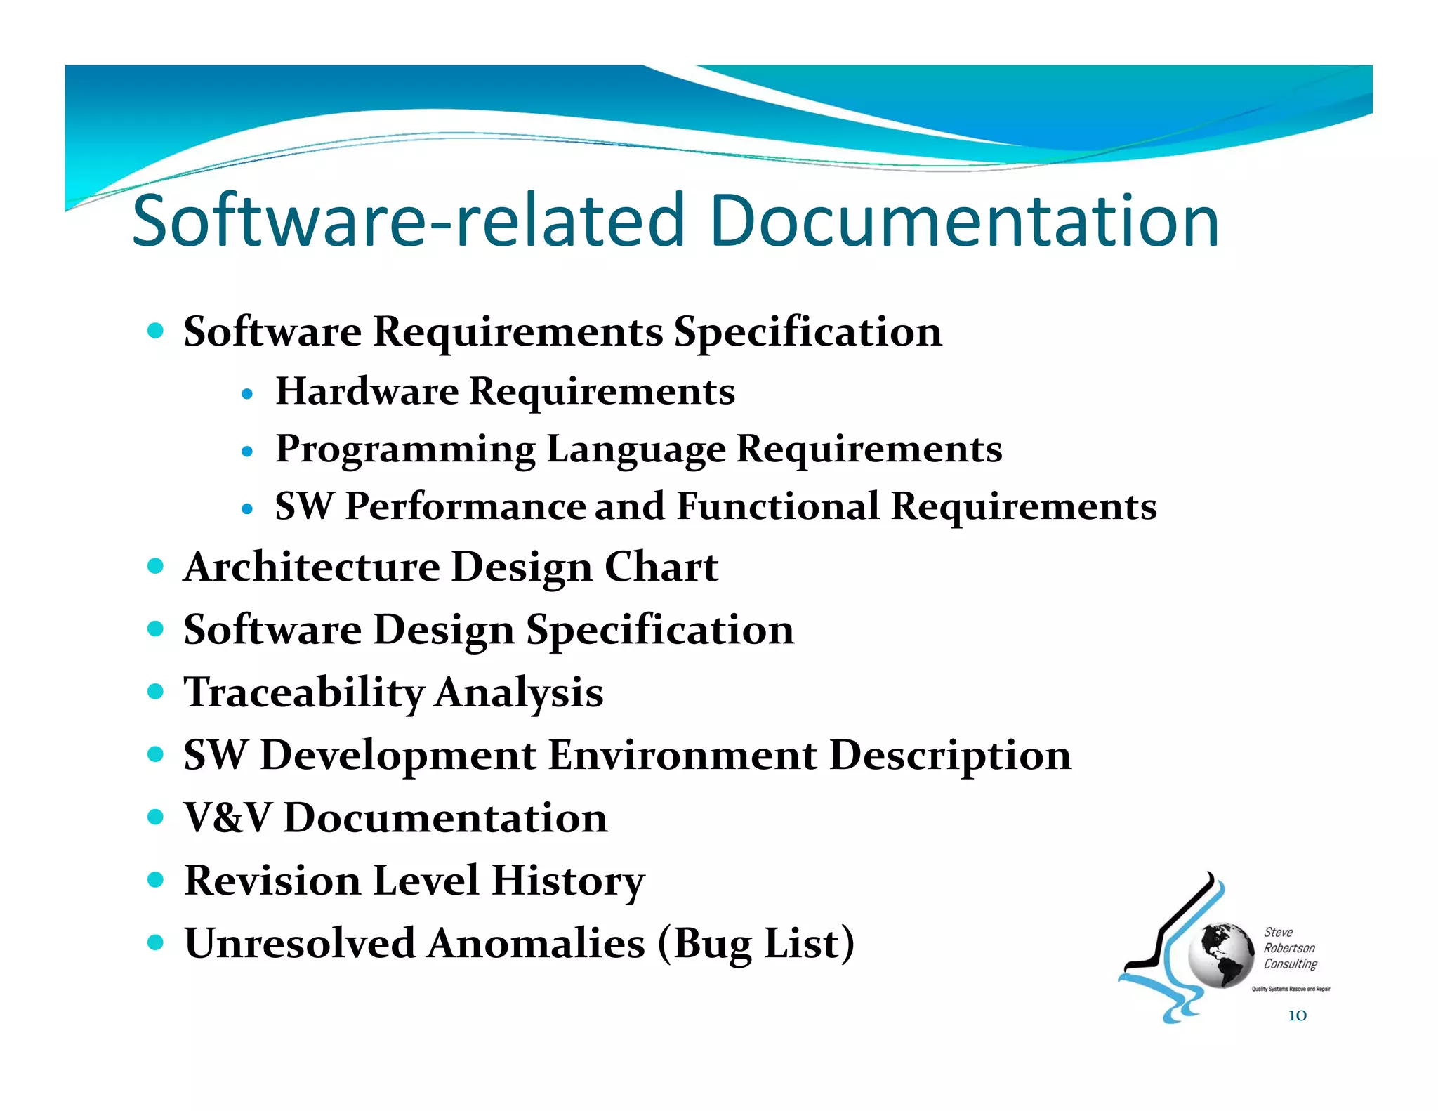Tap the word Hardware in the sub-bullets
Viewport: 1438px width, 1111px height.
click(367, 391)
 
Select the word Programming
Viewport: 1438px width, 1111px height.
click(405, 449)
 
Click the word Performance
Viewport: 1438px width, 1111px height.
click(465, 506)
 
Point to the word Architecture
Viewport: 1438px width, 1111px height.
click(311, 567)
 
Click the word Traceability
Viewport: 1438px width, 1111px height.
click(303, 692)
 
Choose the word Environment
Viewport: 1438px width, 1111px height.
click(682, 756)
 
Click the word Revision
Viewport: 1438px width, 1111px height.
click(272, 881)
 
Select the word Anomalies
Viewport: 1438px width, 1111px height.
click(536, 943)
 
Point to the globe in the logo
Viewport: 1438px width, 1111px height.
click(1220, 955)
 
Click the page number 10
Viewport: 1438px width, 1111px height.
click(1297, 1015)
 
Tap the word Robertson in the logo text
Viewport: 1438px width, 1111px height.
click(1289, 948)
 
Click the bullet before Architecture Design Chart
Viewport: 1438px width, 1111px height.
click(156, 566)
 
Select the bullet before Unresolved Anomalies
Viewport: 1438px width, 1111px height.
click(156, 942)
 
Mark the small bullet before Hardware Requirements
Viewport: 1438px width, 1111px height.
click(246, 394)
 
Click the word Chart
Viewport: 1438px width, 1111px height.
click(661, 567)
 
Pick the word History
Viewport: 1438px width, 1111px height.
click(568, 881)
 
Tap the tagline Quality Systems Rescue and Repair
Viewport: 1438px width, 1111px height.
click(1291, 989)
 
